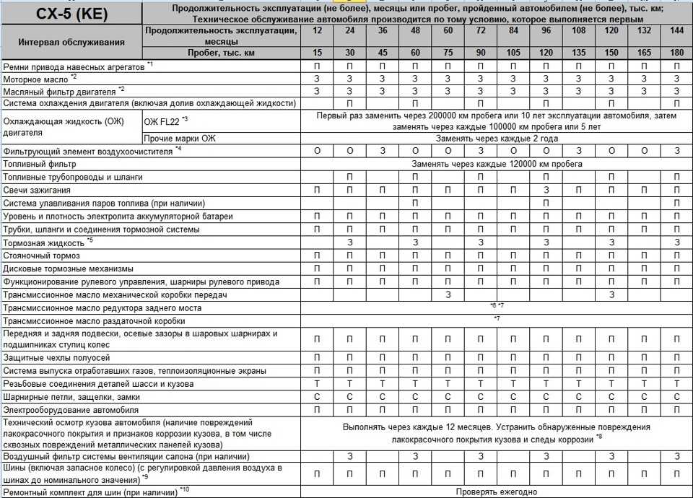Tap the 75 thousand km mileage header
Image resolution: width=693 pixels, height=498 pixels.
pyautogui.click(x=448, y=53)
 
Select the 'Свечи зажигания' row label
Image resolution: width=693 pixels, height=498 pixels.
pyautogui.click(x=37, y=190)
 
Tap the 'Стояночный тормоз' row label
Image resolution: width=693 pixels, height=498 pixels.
pyautogui.click(x=42, y=255)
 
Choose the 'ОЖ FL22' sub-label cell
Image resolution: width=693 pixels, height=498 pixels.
pyautogui.click(x=166, y=119)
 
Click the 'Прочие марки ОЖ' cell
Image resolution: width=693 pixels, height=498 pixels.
pyautogui.click(x=180, y=138)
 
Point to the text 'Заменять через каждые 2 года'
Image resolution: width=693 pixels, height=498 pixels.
pyautogui.click(x=496, y=138)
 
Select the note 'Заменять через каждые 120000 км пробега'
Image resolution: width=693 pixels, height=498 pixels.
pyautogui.click(x=497, y=164)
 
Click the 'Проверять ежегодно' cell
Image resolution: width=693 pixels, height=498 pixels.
pyautogui.click(x=496, y=492)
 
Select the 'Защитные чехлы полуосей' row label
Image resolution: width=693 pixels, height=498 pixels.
pyautogui.click(x=57, y=357)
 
